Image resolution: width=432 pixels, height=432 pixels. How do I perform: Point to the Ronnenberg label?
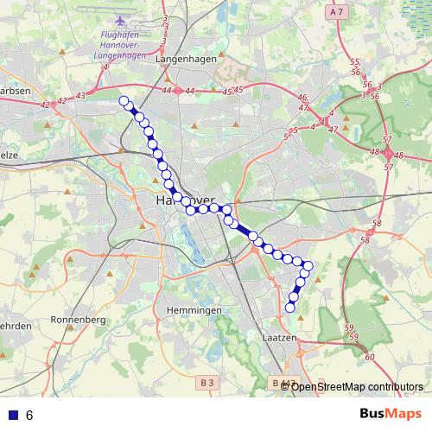[x=79, y=320]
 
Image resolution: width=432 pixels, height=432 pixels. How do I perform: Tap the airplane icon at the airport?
[x=118, y=20]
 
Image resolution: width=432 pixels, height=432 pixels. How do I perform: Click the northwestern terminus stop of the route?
[x=124, y=100]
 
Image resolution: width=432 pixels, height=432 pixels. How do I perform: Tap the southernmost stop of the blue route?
[x=290, y=307]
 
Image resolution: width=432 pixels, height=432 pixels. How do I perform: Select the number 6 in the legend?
[x=29, y=416]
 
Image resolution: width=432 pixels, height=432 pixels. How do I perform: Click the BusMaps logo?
[x=391, y=415]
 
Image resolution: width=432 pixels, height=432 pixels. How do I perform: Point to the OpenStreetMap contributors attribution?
[x=358, y=386]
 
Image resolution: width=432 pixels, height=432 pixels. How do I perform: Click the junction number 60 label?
[x=370, y=357]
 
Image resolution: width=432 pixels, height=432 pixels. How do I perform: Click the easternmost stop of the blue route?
[x=308, y=265]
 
